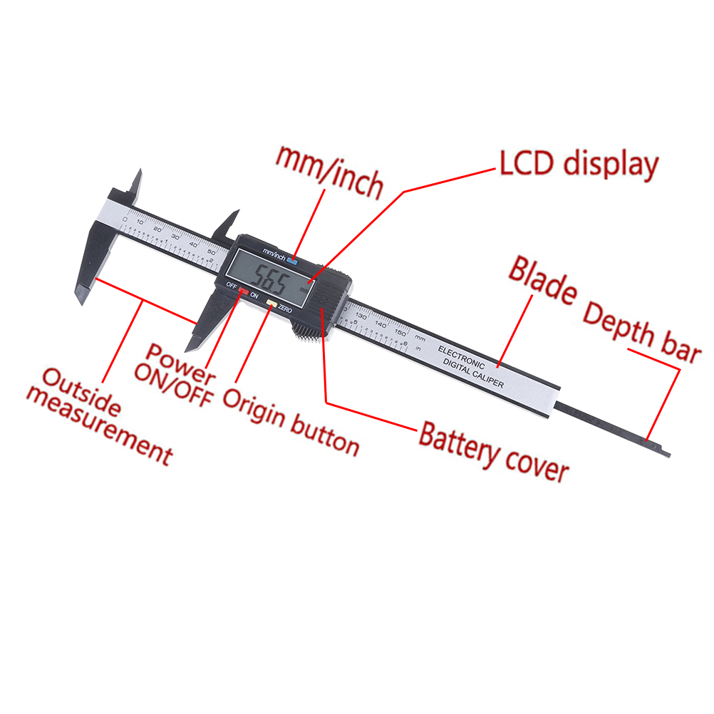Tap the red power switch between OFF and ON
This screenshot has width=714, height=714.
click(244, 291)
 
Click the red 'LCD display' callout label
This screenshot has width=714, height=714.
click(577, 165)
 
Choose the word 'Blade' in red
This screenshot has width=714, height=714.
click(542, 281)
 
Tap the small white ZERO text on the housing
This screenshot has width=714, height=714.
click(284, 308)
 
